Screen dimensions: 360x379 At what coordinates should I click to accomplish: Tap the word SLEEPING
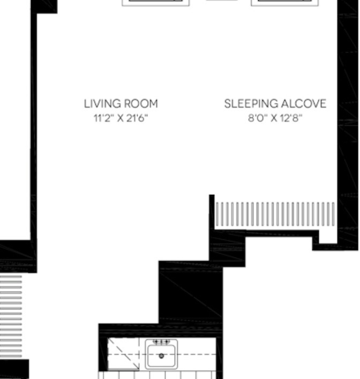(251, 104)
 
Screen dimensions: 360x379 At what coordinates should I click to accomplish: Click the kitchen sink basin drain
(161, 356)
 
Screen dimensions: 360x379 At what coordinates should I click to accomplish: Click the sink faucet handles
(161, 342)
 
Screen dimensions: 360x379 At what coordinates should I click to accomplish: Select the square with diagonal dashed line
(123, 354)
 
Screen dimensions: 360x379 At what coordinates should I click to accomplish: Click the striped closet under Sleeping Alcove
(275, 214)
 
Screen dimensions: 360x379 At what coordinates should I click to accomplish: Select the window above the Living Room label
(155, 3)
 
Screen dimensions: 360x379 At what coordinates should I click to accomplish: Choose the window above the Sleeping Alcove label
(285, 3)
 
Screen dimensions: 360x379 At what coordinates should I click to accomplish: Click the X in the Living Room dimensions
(120, 118)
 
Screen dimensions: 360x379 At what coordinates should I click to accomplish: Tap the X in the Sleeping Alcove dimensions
(274, 118)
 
